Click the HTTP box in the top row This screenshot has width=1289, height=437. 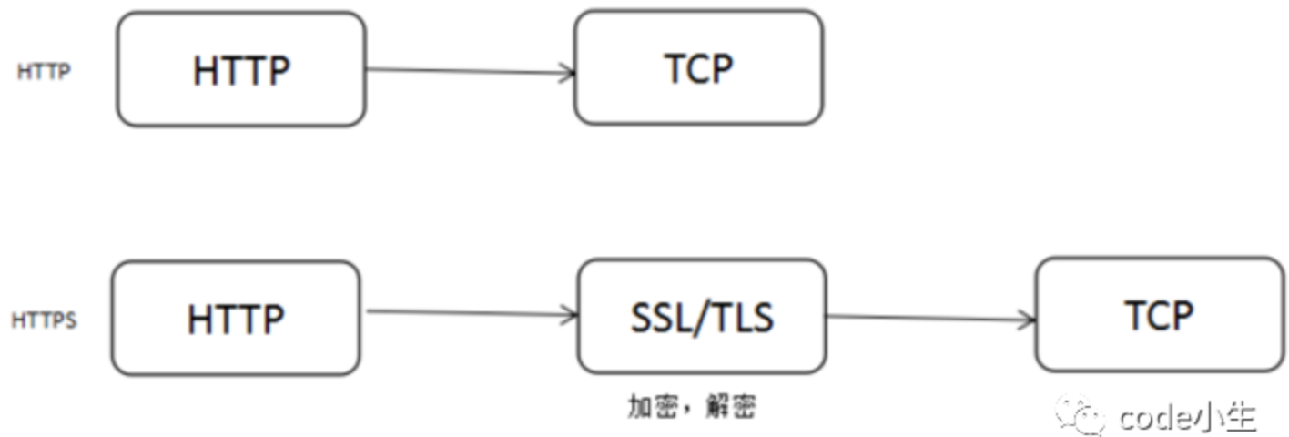pos(241,70)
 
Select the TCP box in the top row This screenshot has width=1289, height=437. pos(698,68)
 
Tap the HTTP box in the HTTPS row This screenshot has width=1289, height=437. pos(236,318)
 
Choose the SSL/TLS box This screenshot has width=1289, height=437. pos(702,316)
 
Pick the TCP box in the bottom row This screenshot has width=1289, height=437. pos(1159,315)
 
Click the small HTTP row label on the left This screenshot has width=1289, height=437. pos(44,73)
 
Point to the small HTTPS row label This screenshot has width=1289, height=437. pos(44,320)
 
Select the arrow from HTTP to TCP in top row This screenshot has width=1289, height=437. pos(469,71)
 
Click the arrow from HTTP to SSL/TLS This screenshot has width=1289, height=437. pos(469,314)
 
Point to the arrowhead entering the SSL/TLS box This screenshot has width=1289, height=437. pos(571,316)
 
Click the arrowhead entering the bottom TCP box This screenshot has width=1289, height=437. pos(1029,319)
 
